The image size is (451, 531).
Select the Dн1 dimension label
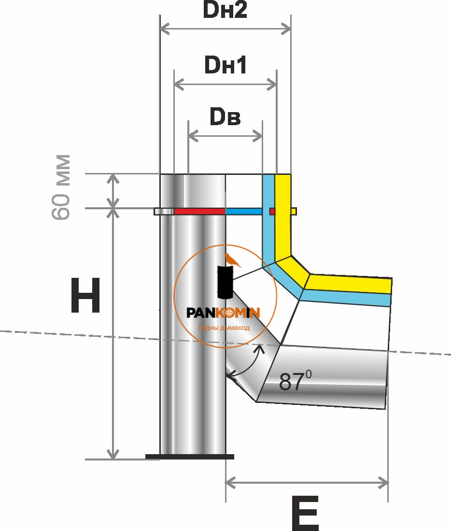[225, 66]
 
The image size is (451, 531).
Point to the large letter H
[85, 295]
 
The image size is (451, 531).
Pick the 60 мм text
[62, 187]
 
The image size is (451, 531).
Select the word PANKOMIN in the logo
[224, 313]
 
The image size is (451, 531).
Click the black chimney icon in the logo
[225, 282]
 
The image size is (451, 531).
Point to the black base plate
[190, 456]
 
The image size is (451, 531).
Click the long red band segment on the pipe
[199, 211]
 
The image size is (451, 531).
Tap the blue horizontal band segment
[244, 211]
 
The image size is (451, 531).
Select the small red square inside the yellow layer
[272, 211]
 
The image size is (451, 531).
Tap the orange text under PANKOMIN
[225, 328]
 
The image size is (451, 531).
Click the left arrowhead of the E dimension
[229, 482]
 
